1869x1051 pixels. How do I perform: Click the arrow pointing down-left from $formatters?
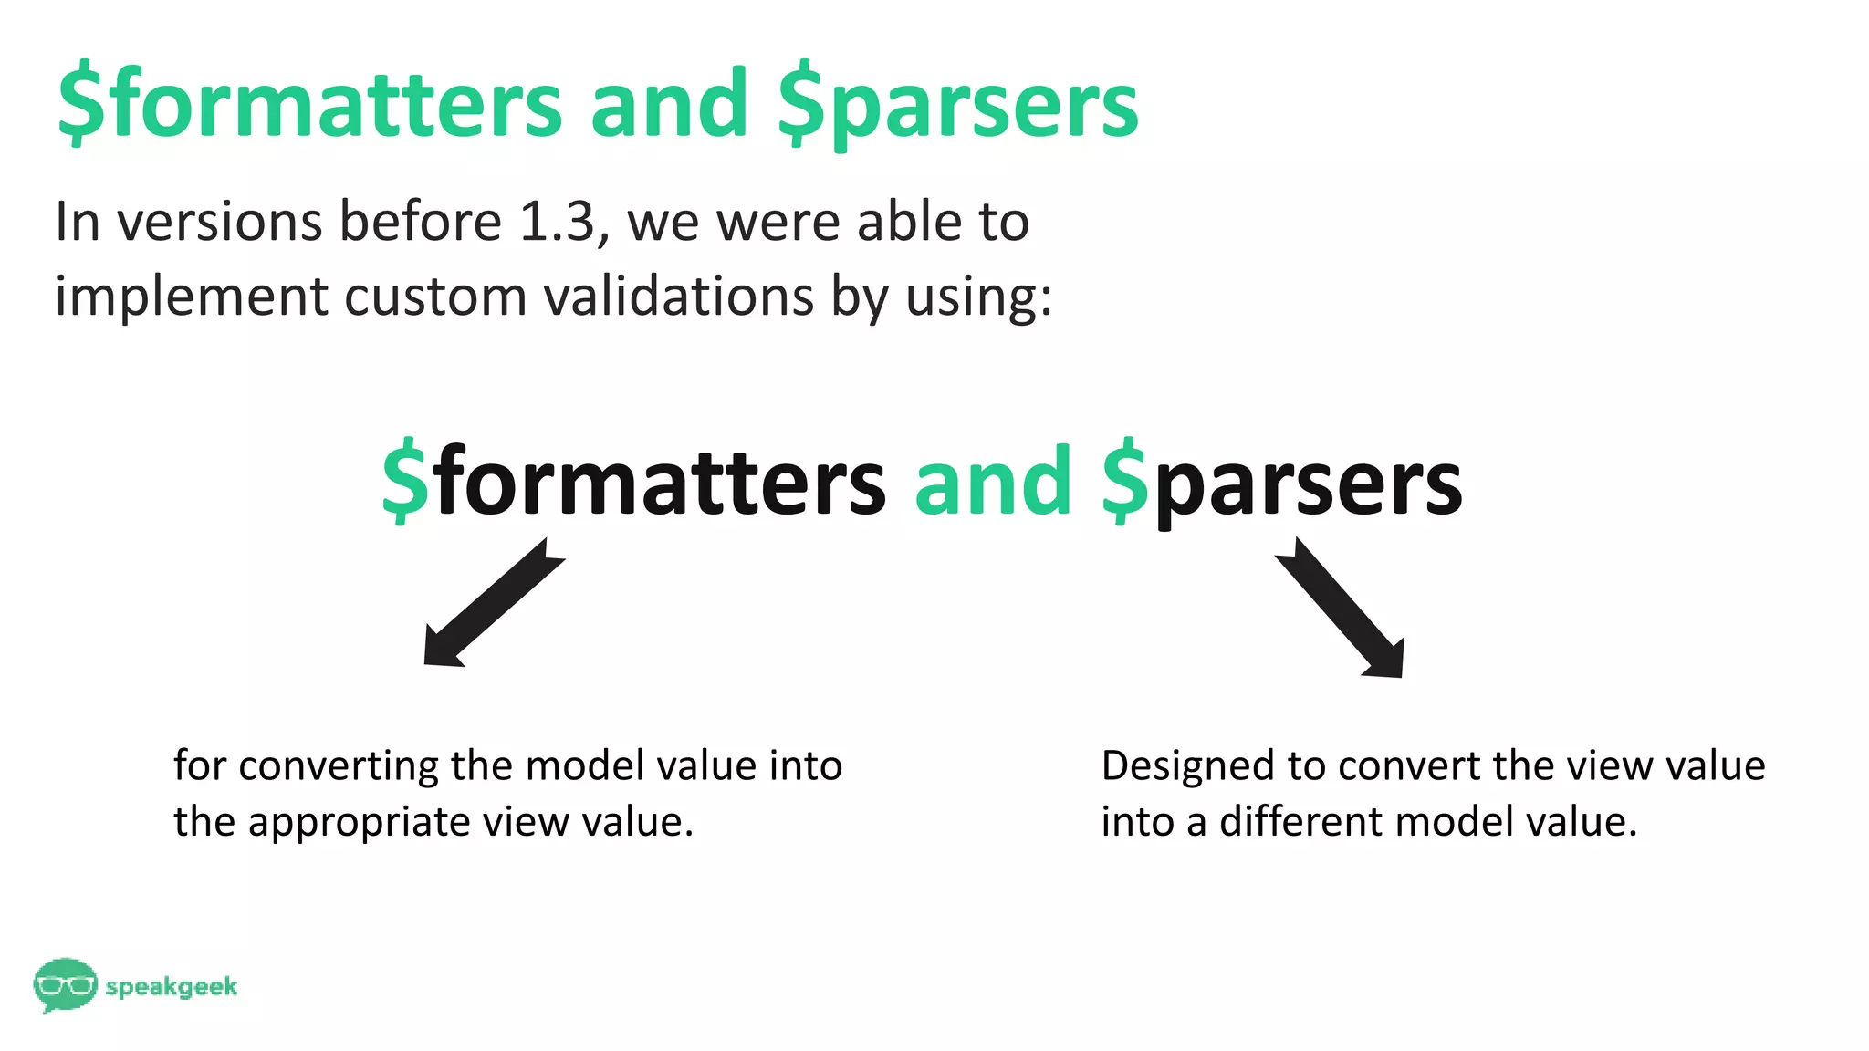493,604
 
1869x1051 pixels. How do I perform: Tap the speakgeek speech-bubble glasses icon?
65,984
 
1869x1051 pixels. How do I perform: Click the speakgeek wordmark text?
172,986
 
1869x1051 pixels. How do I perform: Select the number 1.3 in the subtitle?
557,222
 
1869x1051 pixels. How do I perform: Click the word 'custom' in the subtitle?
436,297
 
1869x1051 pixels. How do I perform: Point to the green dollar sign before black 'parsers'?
1124,481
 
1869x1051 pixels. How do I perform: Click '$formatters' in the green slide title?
310,104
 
